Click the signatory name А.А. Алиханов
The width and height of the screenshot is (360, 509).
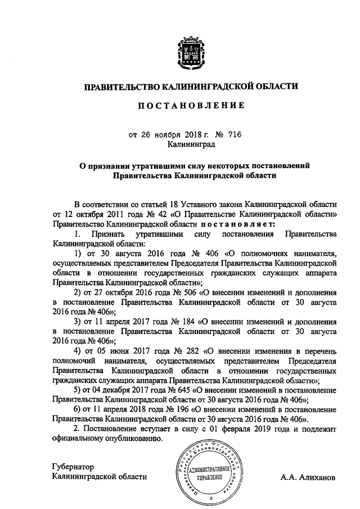pos(308,478)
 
